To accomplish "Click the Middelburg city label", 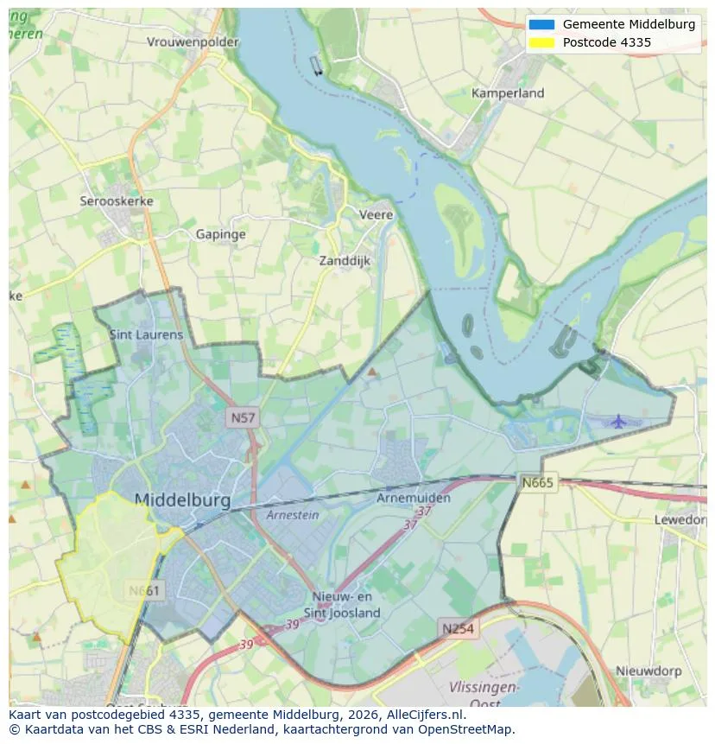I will click(x=182, y=500).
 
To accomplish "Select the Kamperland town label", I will click(x=508, y=92).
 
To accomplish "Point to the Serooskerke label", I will click(x=117, y=201).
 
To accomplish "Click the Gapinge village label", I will click(x=220, y=234).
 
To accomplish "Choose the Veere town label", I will click(x=376, y=214).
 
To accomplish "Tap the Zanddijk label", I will click(x=345, y=260).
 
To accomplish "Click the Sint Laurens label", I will click(x=146, y=334).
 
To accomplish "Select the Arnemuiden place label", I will click(x=414, y=499).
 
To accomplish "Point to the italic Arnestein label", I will click(x=292, y=515).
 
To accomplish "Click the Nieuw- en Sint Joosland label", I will click(x=345, y=605).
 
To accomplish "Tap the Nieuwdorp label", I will click(x=649, y=671).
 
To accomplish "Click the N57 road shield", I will click(x=243, y=418).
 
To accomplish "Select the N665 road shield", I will click(x=537, y=482).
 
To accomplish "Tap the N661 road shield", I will click(x=143, y=591).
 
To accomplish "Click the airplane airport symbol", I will click(x=618, y=421).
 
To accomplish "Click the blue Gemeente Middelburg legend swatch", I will click(x=541, y=24).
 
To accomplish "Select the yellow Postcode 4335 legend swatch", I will click(x=541, y=42).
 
